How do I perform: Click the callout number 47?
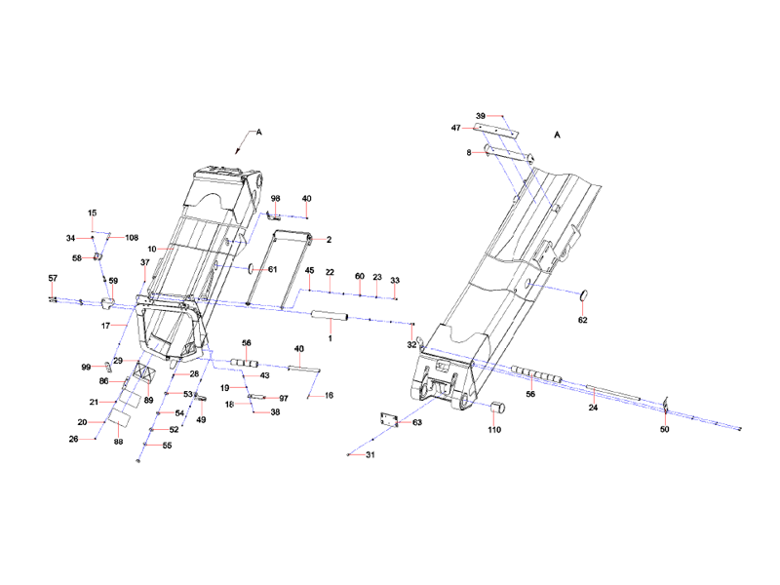pyautogui.click(x=455, y=128)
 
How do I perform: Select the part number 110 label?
pyautogui.click(x=494, y=428)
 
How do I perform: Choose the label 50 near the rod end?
pyautogui.click(x=665, y=429)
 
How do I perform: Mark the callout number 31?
pyautogui.click(x=370, y=455)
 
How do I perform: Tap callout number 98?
pyautogui.click(x=276, y=198)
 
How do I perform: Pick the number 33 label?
pyautogui.click(x=395, y=281)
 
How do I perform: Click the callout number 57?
pyautogui.click(x=54, y=279)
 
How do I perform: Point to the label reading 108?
pyautogui.click(x=132, y=237)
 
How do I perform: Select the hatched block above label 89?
pyautogui.click(x=147, y=374)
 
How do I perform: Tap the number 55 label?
pyautogui.click(x=167, y=446)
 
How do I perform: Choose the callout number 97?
pyautogui.click(x=284, y=399)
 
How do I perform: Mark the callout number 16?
pyautogui.click(x=330, y=395)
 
